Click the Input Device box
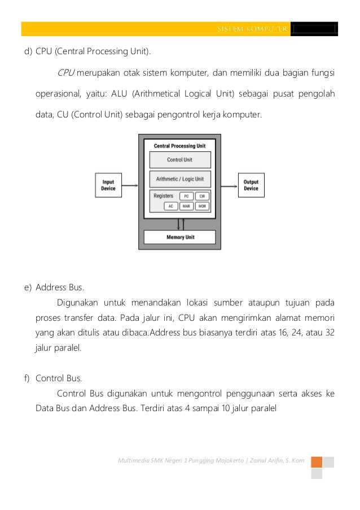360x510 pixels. [x=108, y=185]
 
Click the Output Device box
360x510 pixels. [x=251, y=185]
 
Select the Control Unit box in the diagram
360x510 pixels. [x=179, y=160]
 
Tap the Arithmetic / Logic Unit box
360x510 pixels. [x=179, y=179]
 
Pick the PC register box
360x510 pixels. [x=186, y=196]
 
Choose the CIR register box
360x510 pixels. [x=202, y=196]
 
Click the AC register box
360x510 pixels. [x=170, y=206]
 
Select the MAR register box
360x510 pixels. [x=186, y=206]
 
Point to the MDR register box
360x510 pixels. [x=202, y=206]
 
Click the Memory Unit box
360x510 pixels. [x=179, y=237]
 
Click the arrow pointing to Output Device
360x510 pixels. [x=229, y=185]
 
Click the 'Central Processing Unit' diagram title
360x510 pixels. [x=179, y=146]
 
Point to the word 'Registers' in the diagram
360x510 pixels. [x=163, y=196]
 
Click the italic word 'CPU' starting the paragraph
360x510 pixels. [x=65, y=73]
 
